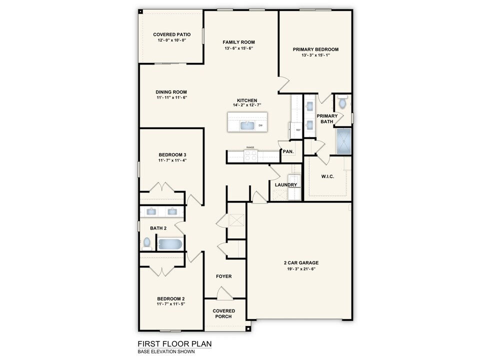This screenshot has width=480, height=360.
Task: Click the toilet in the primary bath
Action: pyautogui.click(x=342, y=103)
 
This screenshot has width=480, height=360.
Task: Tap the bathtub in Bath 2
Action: pyautogui.click(x=170, y=244)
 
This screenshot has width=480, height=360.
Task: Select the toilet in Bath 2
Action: pyautogui.click(x=147, y=243)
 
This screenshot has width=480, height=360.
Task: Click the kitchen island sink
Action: pyautogui.click(x=247, y=125)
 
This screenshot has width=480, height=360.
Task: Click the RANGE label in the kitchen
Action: pyautogui.click(x=250, y=148)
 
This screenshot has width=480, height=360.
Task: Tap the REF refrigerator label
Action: pyautogui.click(x=298, y=130)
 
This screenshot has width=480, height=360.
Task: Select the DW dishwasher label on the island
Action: pyautogui.click(x=260, y=125)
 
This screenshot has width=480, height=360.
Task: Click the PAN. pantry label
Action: pyautogui.click(x=287, y=151)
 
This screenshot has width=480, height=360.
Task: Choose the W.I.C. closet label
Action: pyautogui.click(x=327, y=176)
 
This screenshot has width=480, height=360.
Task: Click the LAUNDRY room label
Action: pyautogui.click(x=286, y=185)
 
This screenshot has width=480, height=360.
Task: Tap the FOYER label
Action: pyautogui.click(x=223, y=276)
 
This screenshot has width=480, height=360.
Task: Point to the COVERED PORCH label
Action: pyautogui.click(x=223, y=313)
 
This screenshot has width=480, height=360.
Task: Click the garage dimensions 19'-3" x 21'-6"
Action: pyautogui.click(x=298, y=269)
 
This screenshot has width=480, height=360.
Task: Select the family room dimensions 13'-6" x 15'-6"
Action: pyautogui.click(x=239, y=48)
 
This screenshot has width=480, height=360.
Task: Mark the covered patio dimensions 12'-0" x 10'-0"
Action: pyautogui.click(x=171, y=41)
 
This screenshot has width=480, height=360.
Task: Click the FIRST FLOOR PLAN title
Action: pyautogui.click(x=174, y=343)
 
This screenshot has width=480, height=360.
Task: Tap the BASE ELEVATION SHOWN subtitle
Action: pyautogui.click(x=166, y=351)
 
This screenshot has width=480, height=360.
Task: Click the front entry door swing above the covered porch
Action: pyautogui.click(x=223, y=293)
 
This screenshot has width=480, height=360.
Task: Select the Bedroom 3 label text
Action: pyautogui.click(x=172, y=154)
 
